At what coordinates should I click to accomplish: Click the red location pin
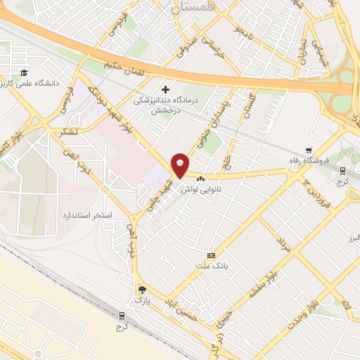(x=181, y=165)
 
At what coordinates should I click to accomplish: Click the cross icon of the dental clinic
(x=166, y=89)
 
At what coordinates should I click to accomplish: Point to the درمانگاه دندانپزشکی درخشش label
(x=166, y=105)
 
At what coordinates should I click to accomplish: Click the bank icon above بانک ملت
(x=211, y=255)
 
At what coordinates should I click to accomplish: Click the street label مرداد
(x=283, y=245)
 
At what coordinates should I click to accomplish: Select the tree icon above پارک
(x=143, y=290)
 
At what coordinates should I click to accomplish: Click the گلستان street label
(x=247, y=108)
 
